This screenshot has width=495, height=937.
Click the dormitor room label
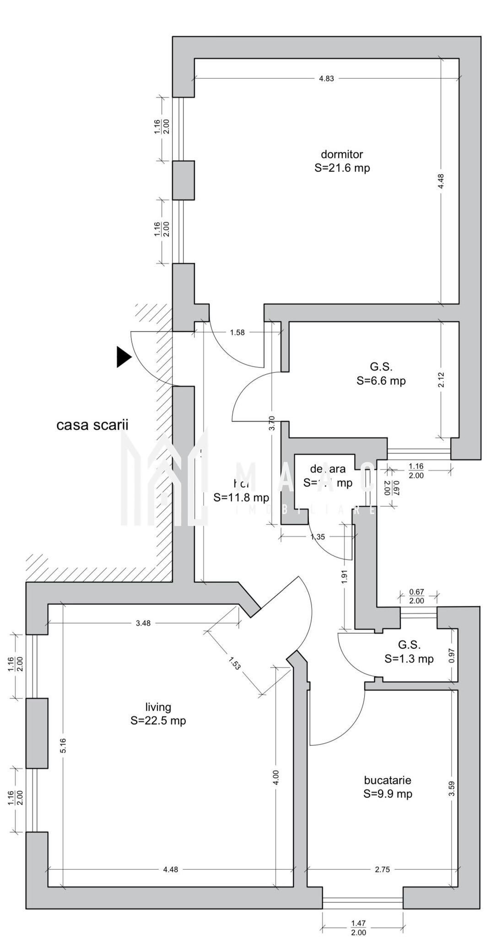pyautogui.click(x=342, y=154)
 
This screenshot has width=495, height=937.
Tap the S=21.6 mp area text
pyautogui.click(x=342, y=168)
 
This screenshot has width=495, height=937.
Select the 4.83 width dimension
pyautogui.click(x=326, y=78)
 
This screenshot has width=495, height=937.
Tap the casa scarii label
pyautogui.click(x=92, y=425)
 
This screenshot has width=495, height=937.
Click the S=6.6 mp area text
pyautogui.click(x=381, y=381)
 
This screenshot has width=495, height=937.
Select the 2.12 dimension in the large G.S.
pyautogui.click(x=441, y=380)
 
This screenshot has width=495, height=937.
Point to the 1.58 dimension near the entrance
pyautogui.click(x=237, y=333)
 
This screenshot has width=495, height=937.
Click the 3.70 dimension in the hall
pyautogui.click(x=272, y=423)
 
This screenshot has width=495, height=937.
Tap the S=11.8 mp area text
pyautogui.click(x=241, y=497)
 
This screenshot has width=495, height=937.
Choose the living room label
pyautogui.click(x=158, y=707)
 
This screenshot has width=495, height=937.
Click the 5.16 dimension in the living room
pyautogui.click(x=64, y=746)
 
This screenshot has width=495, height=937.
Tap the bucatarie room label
pyautogui.click(x=387, y=781)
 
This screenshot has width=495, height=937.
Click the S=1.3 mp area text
pyautogui.click(x=409, y=659)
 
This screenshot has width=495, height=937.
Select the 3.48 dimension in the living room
pyautogui.click(x=143, y=623)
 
